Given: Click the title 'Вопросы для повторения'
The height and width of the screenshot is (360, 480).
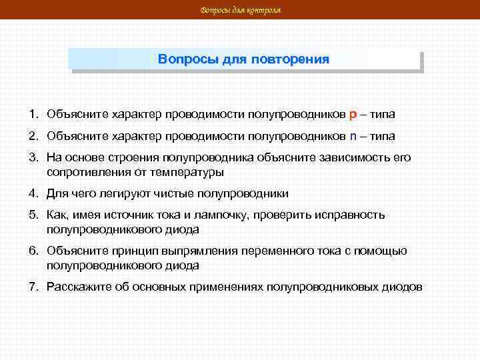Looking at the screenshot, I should pyautogui.click(x=243, y=59).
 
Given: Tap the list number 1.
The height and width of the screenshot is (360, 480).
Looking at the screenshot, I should pyautogui.click(x=32, y=114).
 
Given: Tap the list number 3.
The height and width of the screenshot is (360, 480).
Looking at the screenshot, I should pyautogui.click(x=32, y=157).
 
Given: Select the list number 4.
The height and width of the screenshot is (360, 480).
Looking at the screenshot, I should pyautogui.click(x=32, y=193).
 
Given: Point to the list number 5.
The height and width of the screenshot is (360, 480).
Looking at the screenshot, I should pyautogui.click(x=32, y=215).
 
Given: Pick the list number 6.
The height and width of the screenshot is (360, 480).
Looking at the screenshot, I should pyautogui.click(x=32, y=251).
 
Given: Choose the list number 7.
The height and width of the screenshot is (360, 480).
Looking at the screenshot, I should pyautogui.click(x=32, y=287).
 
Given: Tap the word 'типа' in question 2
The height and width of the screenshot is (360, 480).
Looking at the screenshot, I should pyautogui.click(x=383, y=136).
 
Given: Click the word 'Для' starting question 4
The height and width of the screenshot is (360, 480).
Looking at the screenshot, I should pyautogui.click(x=55, y=193).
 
